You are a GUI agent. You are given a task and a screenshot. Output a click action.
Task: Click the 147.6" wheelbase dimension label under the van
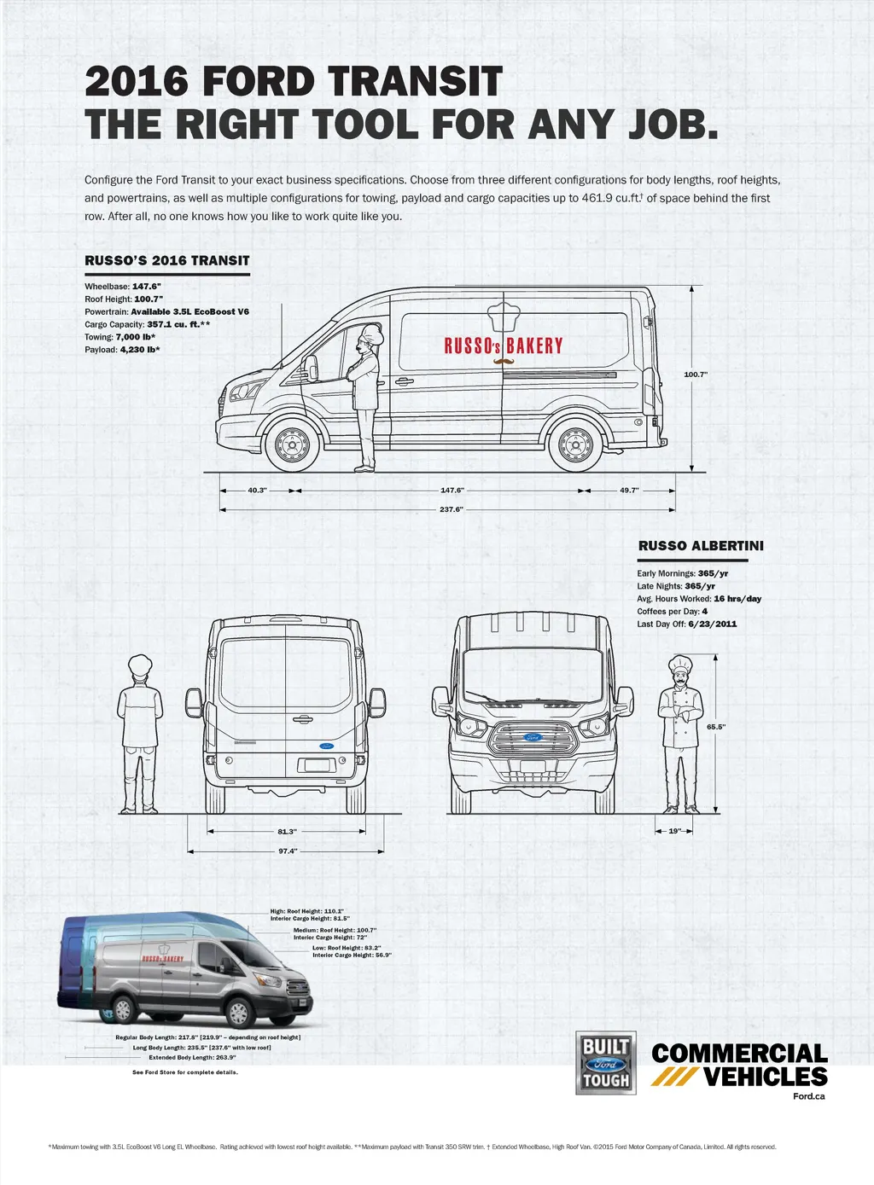(452, 491)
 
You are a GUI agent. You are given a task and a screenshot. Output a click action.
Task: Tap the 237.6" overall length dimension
(452, 509)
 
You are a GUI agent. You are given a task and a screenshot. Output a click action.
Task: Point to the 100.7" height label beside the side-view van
(696, 375)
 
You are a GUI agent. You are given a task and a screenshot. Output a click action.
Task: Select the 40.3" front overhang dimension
(257, 491)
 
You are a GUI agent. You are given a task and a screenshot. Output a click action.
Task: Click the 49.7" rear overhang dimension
(629, 491)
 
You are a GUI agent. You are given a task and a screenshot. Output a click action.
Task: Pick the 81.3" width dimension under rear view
(287, 831)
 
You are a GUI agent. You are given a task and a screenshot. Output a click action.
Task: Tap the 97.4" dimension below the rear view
(288, 851)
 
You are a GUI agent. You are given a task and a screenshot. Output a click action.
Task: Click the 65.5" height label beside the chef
(716, 727)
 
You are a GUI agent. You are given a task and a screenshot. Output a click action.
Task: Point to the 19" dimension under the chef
(675, 831)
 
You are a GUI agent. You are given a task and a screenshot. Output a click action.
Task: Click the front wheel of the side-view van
(293, 444)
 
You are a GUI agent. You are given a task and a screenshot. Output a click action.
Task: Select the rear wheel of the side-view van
(575, 444)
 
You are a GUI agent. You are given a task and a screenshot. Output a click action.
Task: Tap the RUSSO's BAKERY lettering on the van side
(504, 346)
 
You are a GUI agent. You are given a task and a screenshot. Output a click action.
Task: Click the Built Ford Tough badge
(606, 1063)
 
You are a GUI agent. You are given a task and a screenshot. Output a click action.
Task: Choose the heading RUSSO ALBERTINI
(701, 546)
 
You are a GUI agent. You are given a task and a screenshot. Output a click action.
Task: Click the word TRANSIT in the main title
(416, 82)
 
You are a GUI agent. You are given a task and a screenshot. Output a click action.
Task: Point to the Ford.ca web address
(809, 1096)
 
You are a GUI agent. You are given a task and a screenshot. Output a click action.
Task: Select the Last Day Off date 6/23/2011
(712, 624)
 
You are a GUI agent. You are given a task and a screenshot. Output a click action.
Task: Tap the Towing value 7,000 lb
(135, 337)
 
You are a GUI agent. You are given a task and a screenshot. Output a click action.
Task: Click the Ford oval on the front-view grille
(532, 737)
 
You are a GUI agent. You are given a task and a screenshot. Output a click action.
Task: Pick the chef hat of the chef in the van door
(372, 332)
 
